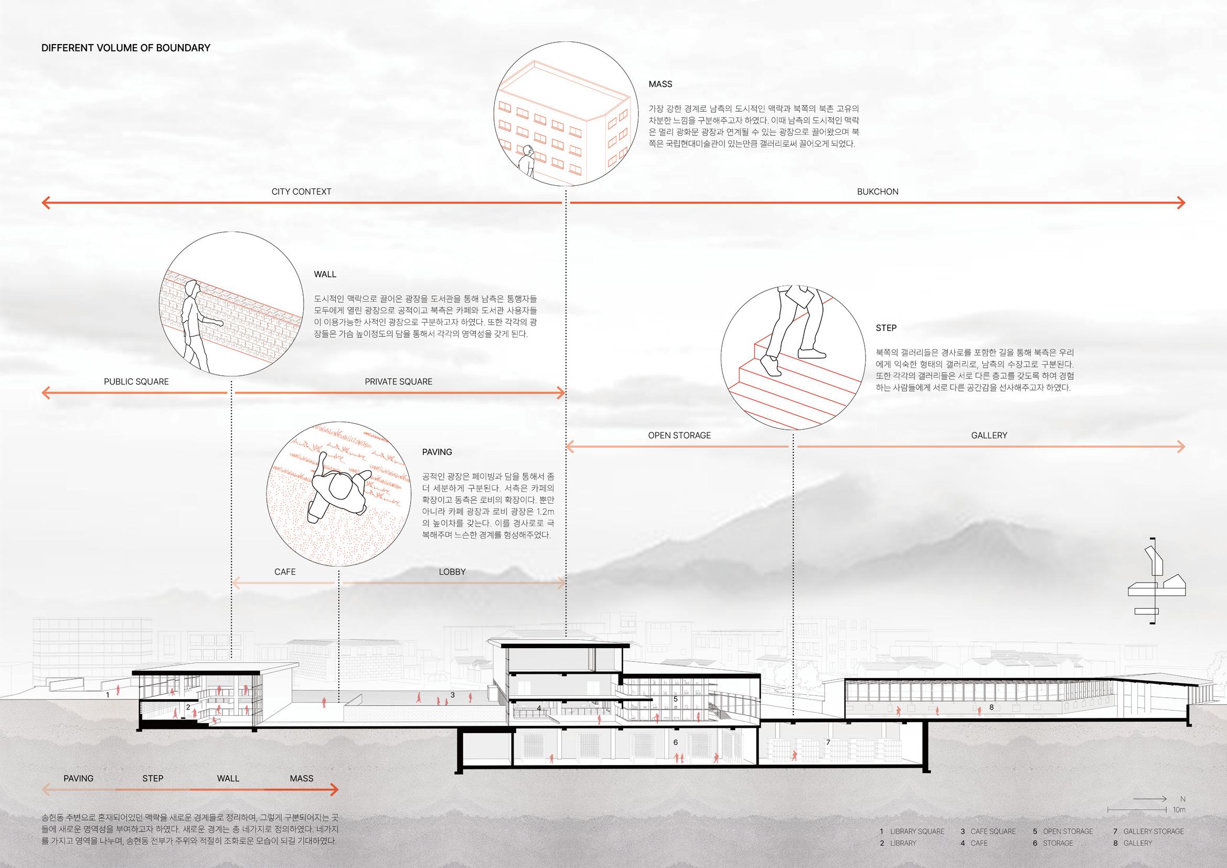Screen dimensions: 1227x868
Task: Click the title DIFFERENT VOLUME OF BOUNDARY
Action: pos(125,48)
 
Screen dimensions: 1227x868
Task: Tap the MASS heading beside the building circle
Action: pos(660,84)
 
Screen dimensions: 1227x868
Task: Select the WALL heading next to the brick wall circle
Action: pos(325,274)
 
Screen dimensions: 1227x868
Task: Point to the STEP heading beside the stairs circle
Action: pos(886,327)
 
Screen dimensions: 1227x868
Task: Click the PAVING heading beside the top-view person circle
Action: pos(436,452)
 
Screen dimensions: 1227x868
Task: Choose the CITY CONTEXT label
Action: pos(301,192)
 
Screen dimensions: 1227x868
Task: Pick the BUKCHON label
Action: pos(878,192)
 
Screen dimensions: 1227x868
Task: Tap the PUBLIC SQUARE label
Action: pos(136,382)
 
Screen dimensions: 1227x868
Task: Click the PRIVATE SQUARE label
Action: pos(398,382)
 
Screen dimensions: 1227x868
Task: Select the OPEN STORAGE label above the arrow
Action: pos(679,435)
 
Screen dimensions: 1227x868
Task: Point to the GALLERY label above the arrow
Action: pos(989,435)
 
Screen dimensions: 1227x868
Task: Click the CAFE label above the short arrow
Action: pos(285,571)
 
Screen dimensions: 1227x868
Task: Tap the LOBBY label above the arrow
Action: pos(452,571)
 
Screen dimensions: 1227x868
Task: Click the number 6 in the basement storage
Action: pos(676,743)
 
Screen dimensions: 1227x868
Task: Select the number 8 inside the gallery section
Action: pos(991,707)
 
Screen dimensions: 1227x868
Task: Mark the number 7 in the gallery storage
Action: pos(828,743)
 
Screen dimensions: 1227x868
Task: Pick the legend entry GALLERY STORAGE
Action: pos(1153,831)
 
